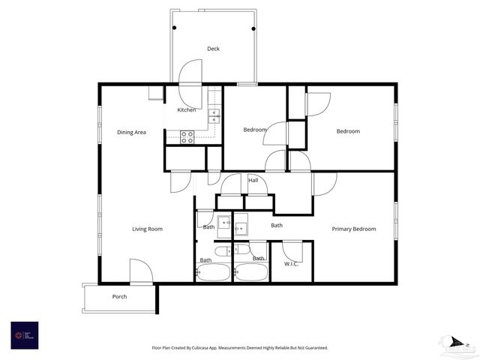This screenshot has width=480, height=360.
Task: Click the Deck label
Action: click(x=214, y=49)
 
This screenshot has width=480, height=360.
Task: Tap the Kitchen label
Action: click(x=187, y=110)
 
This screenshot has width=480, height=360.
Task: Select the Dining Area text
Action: click(x=131, y=132)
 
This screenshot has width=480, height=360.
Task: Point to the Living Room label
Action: click(x=147, y=229)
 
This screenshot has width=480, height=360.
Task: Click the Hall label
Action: click(x=253, y=180)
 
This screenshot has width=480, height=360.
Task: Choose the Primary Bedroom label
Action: click(x=354, y=229)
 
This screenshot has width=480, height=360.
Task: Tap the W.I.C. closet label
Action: click(x=292, y=263)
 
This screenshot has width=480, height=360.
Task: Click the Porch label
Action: click(x=119, y=296)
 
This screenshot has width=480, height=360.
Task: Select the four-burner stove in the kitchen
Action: click(x=187, y=136)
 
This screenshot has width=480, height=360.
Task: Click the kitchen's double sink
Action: click(x=214, y=115)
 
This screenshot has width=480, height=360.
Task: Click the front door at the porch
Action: click(x=141, y=271)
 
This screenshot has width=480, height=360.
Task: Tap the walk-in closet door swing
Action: click(x=292, y=250)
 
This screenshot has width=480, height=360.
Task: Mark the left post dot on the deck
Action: click(x=175, y=28)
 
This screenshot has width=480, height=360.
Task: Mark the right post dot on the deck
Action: click(x=253, y=28)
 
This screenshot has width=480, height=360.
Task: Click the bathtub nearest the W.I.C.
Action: click(x=250, y=272)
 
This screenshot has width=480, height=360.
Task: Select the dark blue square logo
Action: click(x=24, y=334)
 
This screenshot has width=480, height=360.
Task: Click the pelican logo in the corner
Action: click(x=457, y=345)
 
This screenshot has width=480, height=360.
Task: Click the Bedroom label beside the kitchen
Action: click(x=255, y=130)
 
